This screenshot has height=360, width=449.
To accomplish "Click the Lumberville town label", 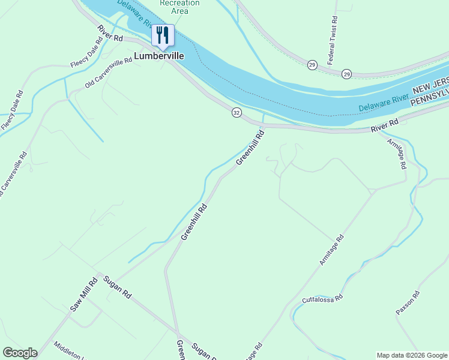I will point(158,56).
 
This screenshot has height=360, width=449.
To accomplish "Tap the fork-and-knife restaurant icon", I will point(162,35).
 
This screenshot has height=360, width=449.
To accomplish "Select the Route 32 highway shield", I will point(237,112).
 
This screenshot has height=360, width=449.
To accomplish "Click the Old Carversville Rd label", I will point(108,73).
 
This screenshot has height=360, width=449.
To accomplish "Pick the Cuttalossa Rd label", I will point(322,298).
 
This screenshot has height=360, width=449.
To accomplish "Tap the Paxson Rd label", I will point(408,303).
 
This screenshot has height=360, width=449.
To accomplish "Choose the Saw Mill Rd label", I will point(83,295).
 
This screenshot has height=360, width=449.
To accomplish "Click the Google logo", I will point(20,353).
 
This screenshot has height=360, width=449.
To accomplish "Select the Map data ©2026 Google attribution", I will point(412,355).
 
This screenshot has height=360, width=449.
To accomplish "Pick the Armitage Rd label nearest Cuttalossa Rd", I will point(331,250).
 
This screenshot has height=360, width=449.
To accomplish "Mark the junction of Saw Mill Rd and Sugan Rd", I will point(98,274).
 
